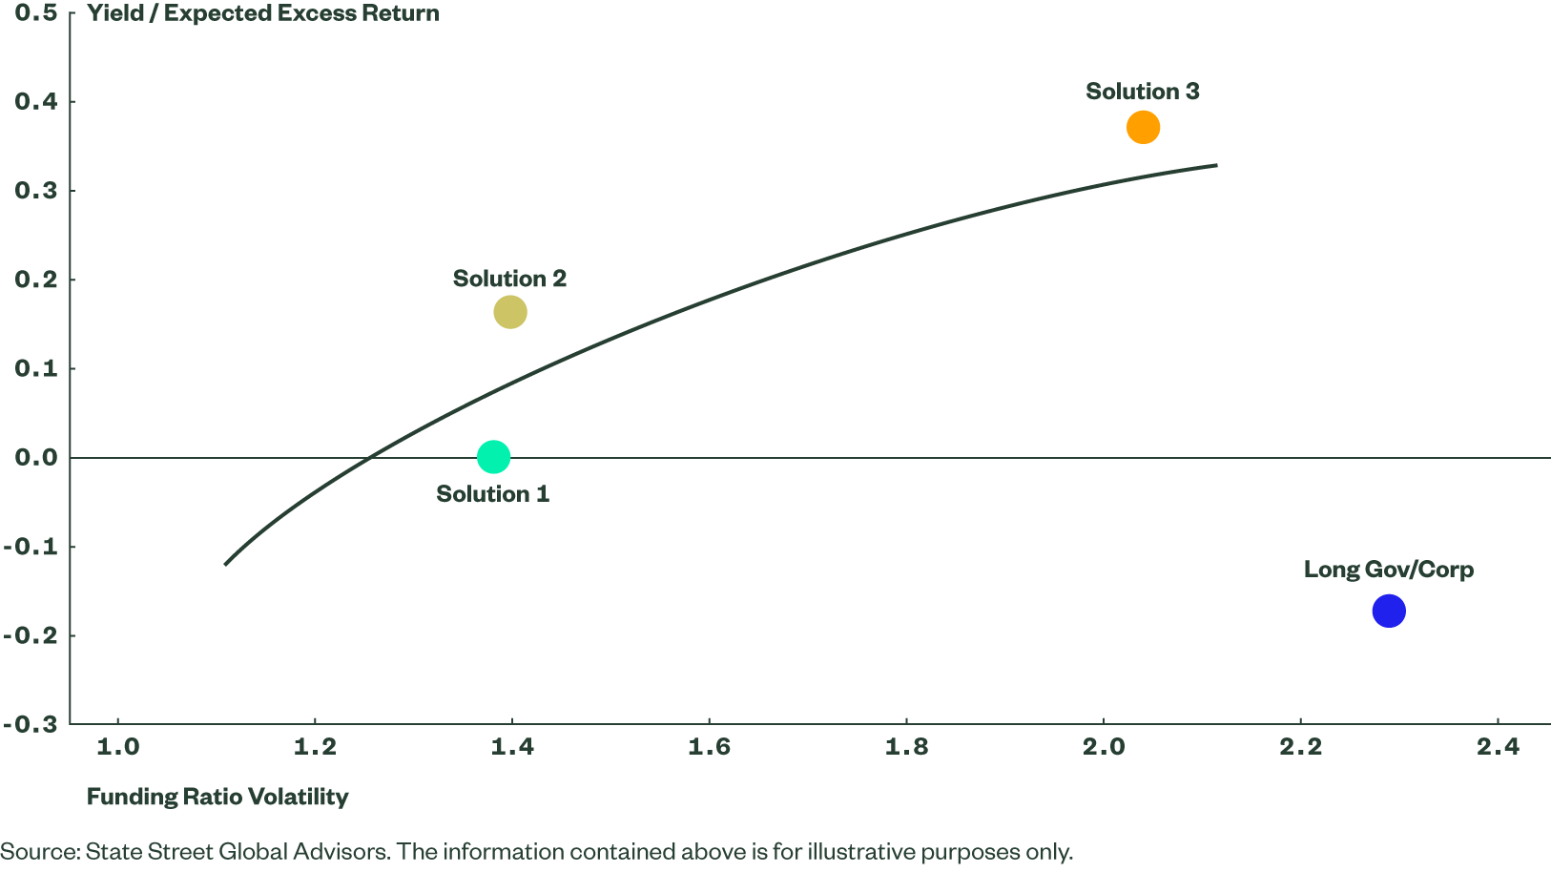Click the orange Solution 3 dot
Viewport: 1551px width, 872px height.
(x=1143, y=127)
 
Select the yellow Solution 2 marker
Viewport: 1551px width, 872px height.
(x=510, y=312)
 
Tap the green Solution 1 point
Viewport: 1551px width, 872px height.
(x=493, y=457)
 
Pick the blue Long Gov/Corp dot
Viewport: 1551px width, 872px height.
(x=1389, y=611)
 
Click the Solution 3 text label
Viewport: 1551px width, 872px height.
(x=1142, y=92)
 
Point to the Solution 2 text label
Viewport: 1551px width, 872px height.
(x=509, y=279)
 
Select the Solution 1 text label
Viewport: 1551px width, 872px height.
(x=492, y=494)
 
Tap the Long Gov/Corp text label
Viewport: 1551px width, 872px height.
(x=1388, y=570)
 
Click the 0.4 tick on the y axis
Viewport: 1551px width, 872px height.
(x=36, y=101)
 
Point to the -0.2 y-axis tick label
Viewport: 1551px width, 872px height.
(x=31, y=635)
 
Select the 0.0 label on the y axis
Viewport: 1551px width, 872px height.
(x=36, y=458)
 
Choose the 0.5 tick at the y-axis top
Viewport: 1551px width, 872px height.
(x=36, y=13)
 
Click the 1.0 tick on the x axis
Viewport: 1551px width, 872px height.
(x=118, y=747)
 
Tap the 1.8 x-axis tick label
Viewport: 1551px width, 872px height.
(x=906, y=747)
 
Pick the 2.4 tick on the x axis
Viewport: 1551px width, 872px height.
(x=1498, y=747)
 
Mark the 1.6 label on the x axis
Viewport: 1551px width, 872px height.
(x=709, y=747)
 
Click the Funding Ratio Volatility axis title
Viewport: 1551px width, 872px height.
(x=217, y=797)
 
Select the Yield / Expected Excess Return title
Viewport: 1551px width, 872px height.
(x=263, y=13)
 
